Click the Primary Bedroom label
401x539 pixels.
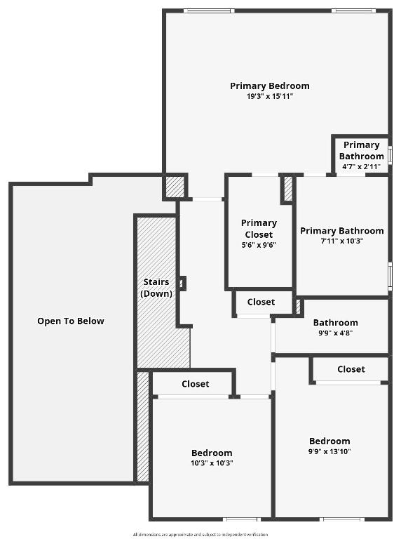pos(269,86)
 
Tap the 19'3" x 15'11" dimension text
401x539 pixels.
pos(269,96)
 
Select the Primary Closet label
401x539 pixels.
pos(259,229)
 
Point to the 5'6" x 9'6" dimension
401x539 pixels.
pos(259,245)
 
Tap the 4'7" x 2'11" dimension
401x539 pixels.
pos(360,166)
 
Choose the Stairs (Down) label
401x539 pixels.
pos(156,288)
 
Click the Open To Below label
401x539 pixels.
pos(71,321)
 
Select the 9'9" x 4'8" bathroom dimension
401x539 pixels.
pos(335,333)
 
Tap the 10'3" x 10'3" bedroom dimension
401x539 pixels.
pos(212,463)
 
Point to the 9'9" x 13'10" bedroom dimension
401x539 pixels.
pos(329,451)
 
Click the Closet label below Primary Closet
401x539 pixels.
pos(261,302)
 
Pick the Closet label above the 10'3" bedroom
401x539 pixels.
pos(195,384)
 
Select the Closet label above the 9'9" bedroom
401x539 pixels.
pos(351,369)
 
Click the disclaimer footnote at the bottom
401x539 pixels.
pos(200,535)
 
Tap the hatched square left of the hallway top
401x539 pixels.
pos(175,186)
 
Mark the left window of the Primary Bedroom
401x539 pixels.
pos(208,11)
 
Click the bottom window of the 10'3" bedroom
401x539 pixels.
pos(241,519)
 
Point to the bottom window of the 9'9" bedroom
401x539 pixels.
pos(343,519)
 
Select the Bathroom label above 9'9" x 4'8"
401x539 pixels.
pos(335,323)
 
